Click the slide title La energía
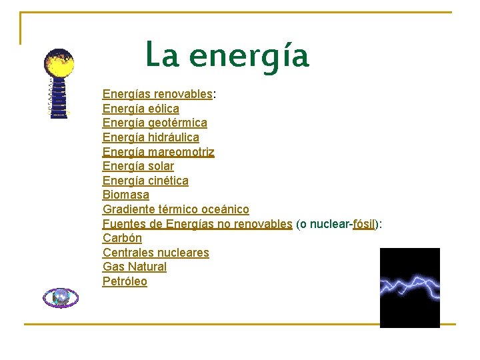227,55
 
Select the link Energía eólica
141,109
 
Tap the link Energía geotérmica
155,123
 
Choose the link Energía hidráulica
151,137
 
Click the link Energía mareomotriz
159,152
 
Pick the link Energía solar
138,166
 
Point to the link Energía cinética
145,181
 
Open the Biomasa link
126,195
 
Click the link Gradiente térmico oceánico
176,209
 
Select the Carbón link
122,238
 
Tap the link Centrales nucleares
156,253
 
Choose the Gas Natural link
135,267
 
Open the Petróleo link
125,281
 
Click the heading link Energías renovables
157,95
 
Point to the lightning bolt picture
409,288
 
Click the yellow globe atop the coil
59,63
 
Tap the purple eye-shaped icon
61,297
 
